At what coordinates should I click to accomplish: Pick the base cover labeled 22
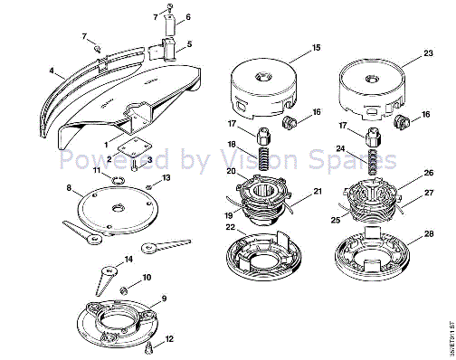263,258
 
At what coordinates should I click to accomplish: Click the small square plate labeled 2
135,145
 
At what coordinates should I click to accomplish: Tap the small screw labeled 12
151,346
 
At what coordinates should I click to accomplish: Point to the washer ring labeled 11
116,181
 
